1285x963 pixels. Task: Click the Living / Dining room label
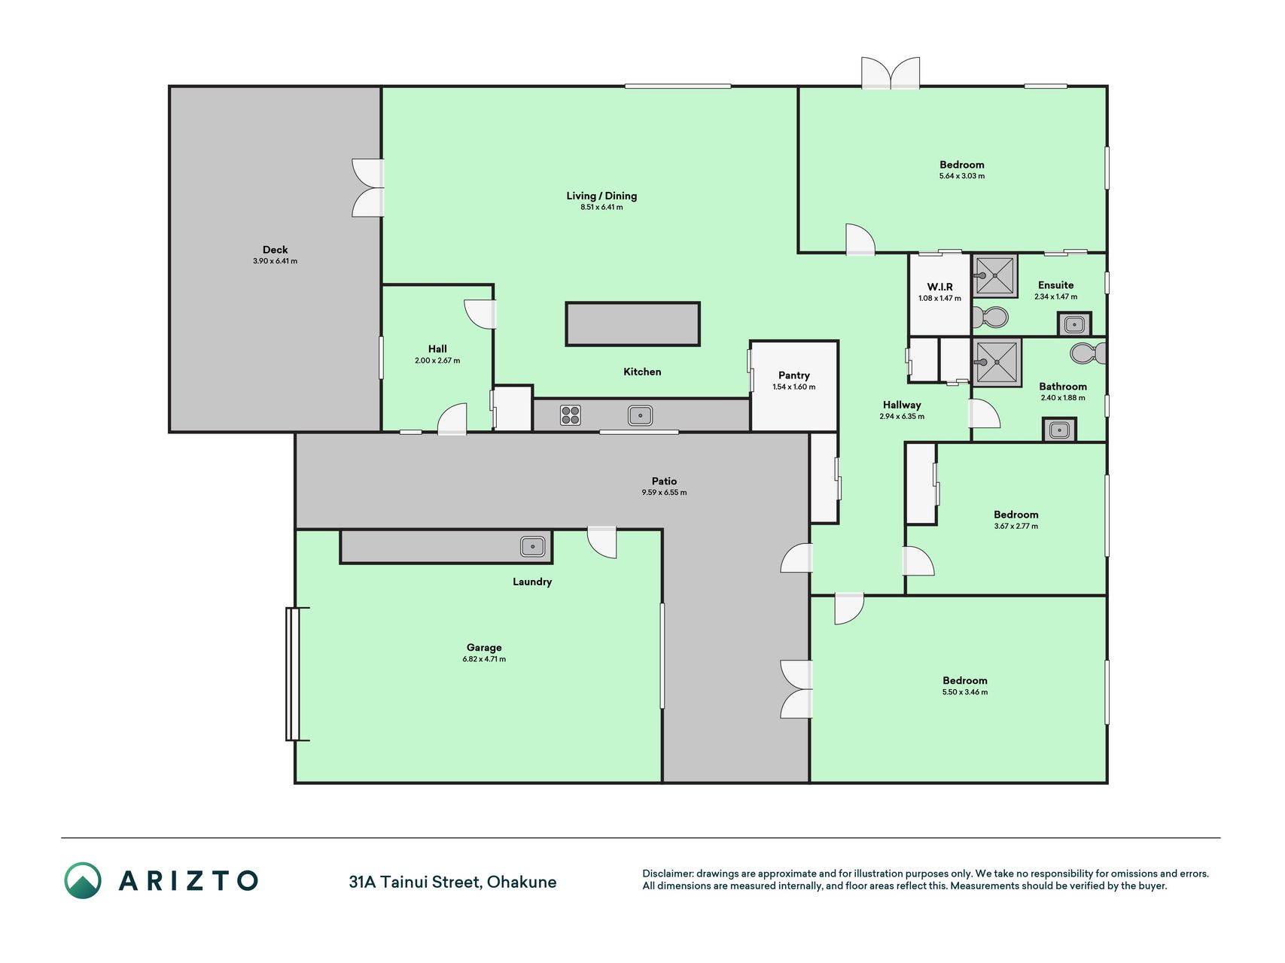[601, 196]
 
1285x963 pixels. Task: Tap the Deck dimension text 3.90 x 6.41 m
[275, 261]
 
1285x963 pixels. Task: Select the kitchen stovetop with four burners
[571, 415]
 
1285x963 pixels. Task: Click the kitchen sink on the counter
[640, 415]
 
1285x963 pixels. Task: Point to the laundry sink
[532, 546]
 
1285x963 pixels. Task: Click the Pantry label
[794, 375]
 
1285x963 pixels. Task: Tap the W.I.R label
[939, 287]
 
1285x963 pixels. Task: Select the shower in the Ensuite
[995, 276]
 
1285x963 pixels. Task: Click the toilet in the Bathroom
[1088, 353]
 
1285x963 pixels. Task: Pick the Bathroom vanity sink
[1059, 430]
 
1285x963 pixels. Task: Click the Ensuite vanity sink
[1074, 324]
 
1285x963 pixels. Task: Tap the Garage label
[484, 647]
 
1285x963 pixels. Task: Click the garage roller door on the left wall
[293, 674]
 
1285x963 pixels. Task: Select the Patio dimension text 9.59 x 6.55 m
[664, 493]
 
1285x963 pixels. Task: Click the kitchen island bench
[633, 324]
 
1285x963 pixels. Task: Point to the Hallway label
[902, 405]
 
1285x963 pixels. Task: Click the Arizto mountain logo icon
[82, 880]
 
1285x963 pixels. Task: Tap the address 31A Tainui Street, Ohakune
[452, 882]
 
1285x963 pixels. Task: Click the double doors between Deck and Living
[368, 188]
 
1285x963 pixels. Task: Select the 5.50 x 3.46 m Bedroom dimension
[965, 692]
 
